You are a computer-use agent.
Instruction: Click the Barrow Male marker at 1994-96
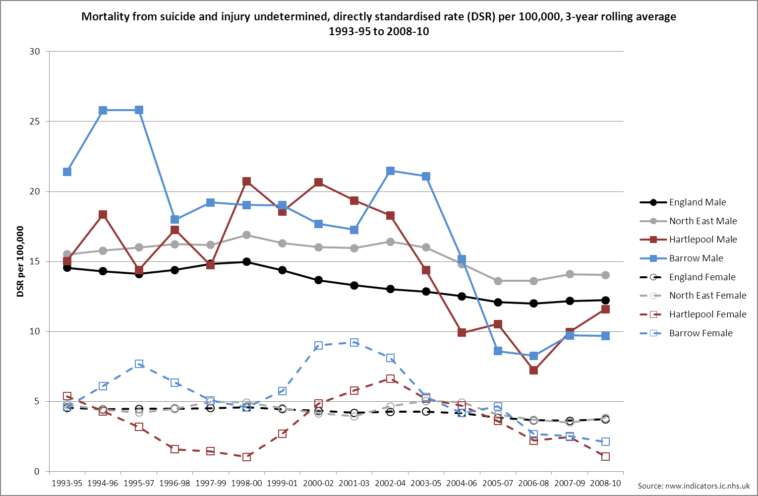pyautogui.click(x=103, y=110)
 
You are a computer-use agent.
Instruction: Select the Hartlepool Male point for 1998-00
pyautogui.click(x=246, y=182)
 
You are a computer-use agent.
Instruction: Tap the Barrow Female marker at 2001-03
pyautogui.click(x=354, y=343)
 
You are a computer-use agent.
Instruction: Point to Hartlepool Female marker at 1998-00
pyautogui.click(x=246, y=457)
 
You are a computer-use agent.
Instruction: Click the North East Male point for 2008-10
pyautogui.click(x=605, y=275)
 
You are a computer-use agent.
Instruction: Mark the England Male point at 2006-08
pyautogui.click(x=533, y=303)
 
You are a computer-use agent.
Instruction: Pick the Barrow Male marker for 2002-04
pyautogui.click(x=390, y=171)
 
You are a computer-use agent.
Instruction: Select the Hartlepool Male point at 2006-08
pyautogui.click(x=533, y=370)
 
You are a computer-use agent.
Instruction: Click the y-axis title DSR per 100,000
pyautogui.click(x=20, y=261)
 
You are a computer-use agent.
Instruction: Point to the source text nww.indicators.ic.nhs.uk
pyautogui.click(x=694, y=486)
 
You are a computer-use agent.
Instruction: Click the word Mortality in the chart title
pyautogui.click(x=106, y=17)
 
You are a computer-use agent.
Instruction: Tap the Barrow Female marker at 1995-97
pyautogui.click(x=139, y=364)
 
